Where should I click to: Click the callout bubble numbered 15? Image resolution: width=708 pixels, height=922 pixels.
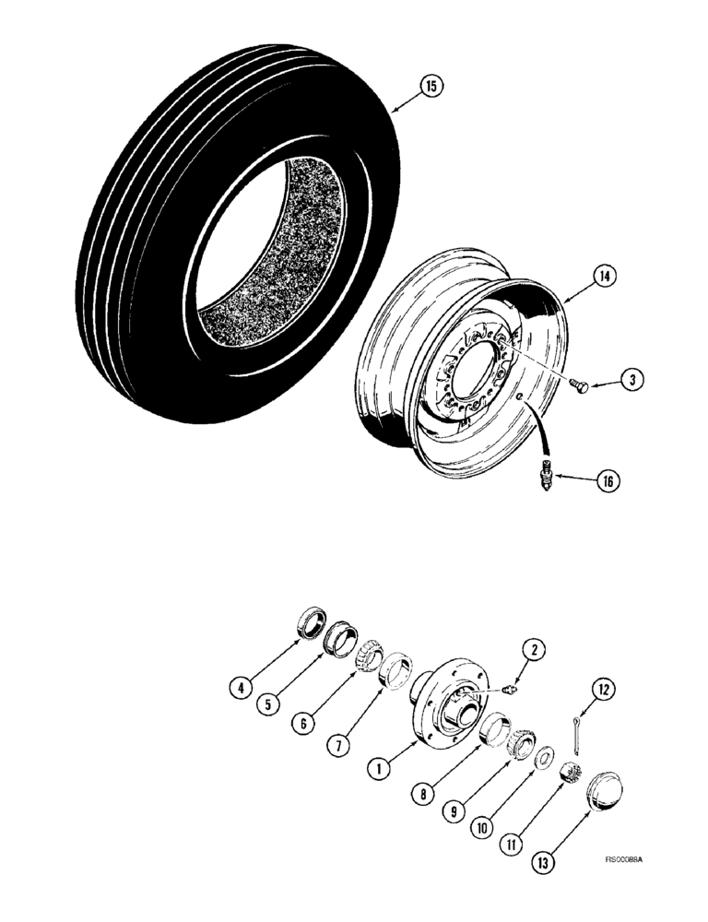(x=430, y=87)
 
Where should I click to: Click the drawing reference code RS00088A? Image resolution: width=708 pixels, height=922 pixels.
(x=623, y=858)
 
